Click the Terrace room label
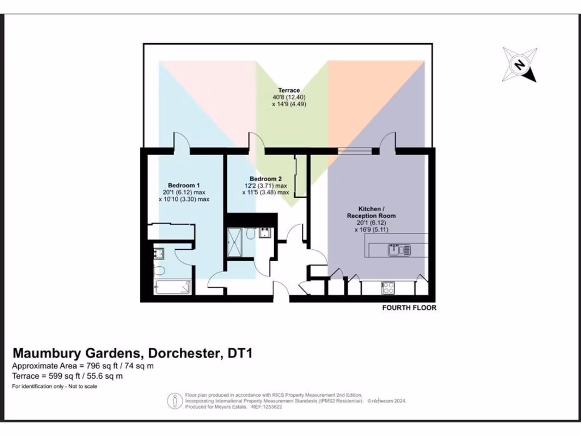[x=289, y=90]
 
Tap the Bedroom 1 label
[x=183, y=186]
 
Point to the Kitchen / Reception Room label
[x=372, y=212]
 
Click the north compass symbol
[x=519, y=64]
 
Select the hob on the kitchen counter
[x=389, y=288]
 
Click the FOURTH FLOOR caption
[x=409, y=308]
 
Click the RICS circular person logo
[x=172, y=401]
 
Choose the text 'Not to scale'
[x=79, y=387]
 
